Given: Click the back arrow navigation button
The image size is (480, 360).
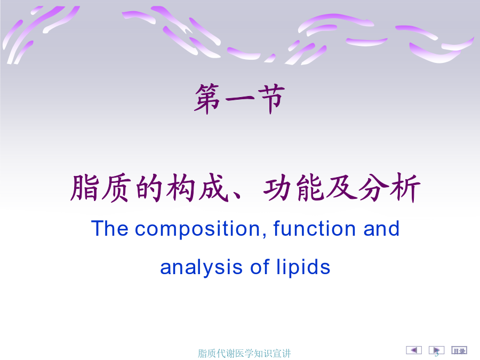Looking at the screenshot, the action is pyautogui.click(x=413, y=350).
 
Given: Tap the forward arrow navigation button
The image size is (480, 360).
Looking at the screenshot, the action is pyautogui.click(x=436, y=350).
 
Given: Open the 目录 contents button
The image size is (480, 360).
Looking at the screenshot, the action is pyautogui.click(x=459, y=350).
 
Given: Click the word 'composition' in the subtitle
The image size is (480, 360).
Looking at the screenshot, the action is pyautogui.click(x=197, y=229).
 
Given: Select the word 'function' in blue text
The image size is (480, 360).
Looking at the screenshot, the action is pyautogui.click(x=314, y=228).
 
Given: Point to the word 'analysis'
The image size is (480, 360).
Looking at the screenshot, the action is pyautogui.click(x=201, y=268).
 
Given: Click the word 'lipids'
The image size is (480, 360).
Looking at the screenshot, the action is pyautogui.click(x=303, y=268).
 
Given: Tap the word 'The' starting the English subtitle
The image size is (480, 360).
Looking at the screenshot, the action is pyautogui.click(x=109, y=228).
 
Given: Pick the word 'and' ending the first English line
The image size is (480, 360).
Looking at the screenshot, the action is pyautogui.click(x=381, y=228).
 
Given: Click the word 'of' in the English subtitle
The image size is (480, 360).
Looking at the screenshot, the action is pyautogui.click(x=260, y=267).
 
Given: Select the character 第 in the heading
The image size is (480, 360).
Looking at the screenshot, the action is pyautogui.click(x=208, y=99).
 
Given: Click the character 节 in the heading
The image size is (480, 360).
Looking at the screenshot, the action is pyautogui.click(x=271, y=99).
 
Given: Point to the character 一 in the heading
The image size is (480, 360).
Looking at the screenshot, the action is pyautogui.click(x=239, y=99).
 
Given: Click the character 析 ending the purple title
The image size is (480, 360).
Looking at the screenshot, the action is pyautogui.click(x=405, y=187).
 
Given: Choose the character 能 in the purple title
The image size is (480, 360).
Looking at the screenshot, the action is pyautogui.click(x=310, y=187).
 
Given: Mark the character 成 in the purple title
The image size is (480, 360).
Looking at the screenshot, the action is pyautogui.click(x=214, y=187).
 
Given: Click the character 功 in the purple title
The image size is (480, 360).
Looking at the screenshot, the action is pyautogui.click(x=278, y=187).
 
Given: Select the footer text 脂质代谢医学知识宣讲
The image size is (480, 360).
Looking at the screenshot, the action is pyautogui.click(x=244, y=354).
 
